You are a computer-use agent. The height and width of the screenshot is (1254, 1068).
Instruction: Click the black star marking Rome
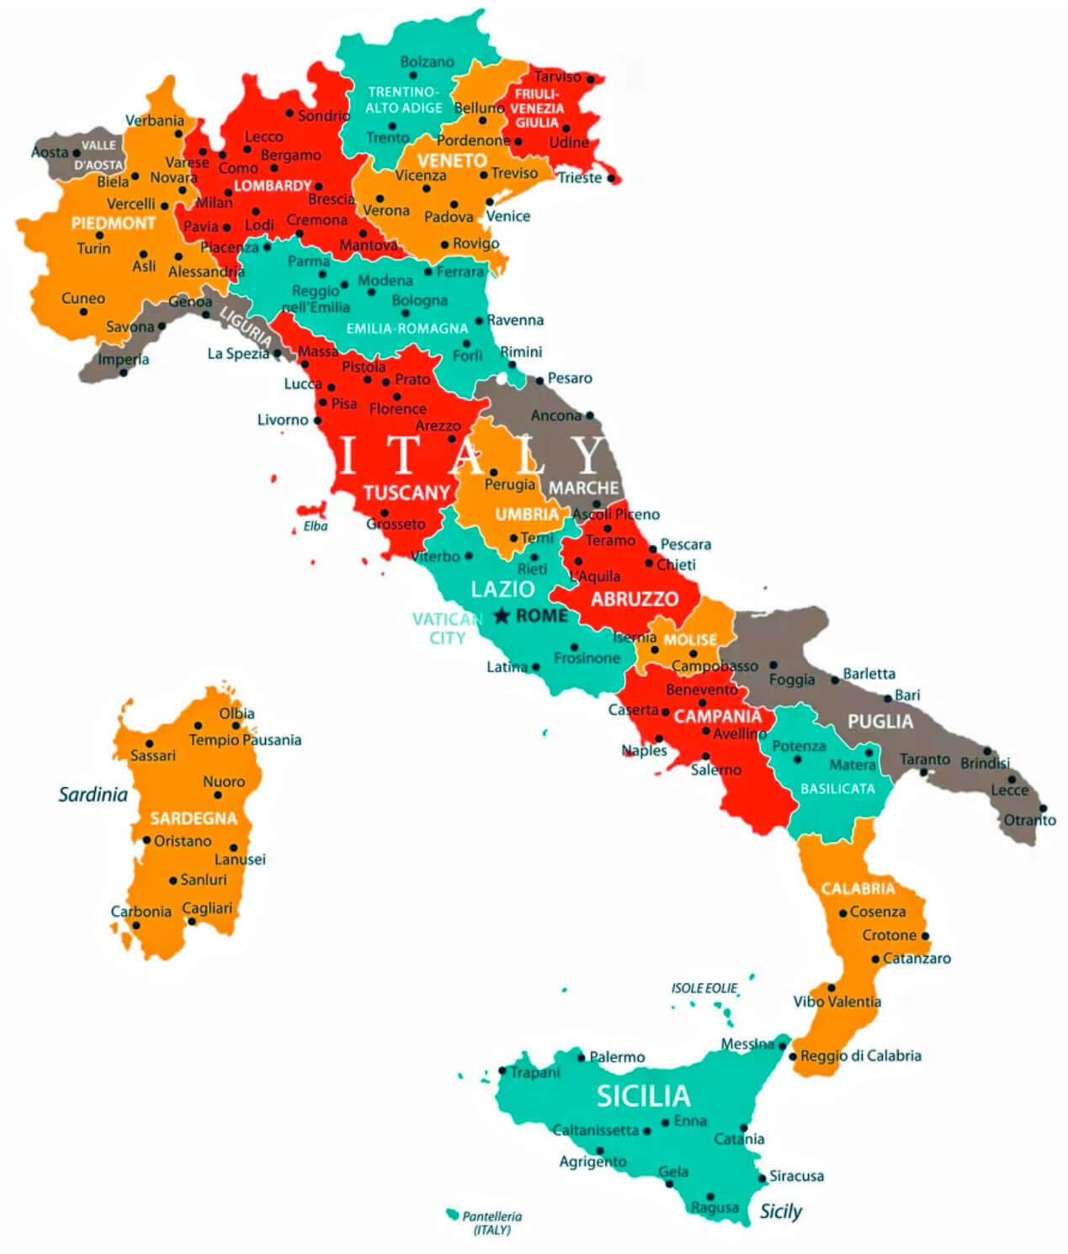[502, 616]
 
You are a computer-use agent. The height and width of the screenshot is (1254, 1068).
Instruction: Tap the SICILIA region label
[643, 1095]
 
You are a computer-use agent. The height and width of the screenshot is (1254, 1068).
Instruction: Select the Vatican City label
[447, 628]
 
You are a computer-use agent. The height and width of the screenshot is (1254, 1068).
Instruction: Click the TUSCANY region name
[406, 492]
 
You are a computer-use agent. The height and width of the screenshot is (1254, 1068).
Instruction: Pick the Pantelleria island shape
[452, 1214]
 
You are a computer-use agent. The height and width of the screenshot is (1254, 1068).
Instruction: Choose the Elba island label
[316, 526]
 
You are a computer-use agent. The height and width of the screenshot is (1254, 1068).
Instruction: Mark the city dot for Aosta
[77, 153]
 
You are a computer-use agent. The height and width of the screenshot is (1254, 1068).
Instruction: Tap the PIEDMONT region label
[113, 223]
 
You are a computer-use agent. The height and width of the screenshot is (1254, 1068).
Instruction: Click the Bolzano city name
[427, 61]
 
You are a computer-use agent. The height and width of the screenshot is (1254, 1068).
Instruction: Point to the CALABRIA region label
[858, 888]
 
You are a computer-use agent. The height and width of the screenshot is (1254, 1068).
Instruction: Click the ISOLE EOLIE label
[704, 988]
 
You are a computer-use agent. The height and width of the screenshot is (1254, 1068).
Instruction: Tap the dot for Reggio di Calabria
[792, 1056]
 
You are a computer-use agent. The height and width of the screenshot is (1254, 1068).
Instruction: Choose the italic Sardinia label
[93, 794]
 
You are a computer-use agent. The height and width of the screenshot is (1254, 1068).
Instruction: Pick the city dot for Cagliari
[192, 921]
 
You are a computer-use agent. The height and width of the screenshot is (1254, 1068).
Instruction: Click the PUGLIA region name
[879, 721]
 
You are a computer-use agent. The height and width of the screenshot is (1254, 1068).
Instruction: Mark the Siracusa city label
[796, 1176]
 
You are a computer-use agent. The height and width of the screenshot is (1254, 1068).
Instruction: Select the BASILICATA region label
[837, 788]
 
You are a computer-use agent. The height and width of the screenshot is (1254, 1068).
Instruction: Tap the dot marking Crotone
[925, 935]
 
